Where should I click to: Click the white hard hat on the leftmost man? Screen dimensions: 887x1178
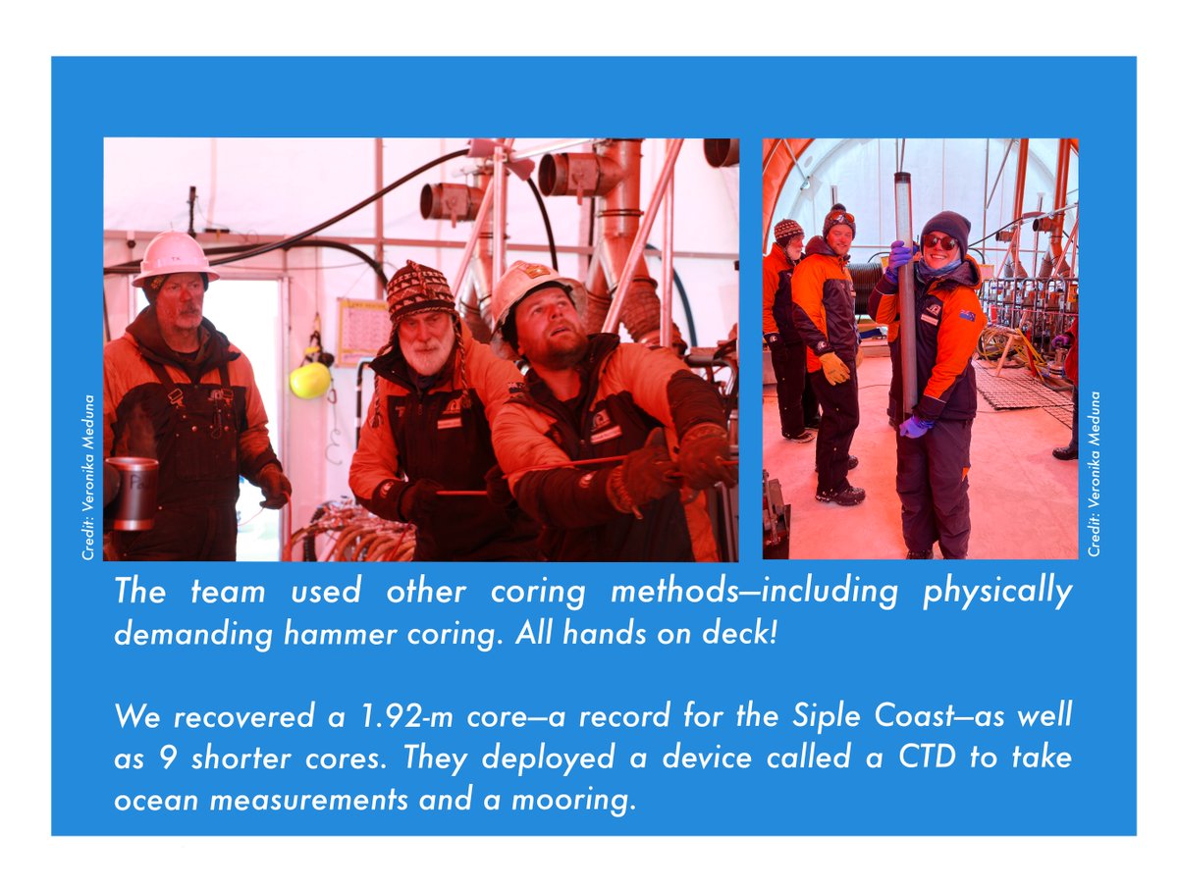click(x=173, y=257)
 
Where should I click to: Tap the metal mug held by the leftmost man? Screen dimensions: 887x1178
click(x=134, y=494)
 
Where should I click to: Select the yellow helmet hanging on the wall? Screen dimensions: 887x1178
click(x=310, y=380)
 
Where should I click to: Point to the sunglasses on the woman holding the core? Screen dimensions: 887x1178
click(x=939, y=241)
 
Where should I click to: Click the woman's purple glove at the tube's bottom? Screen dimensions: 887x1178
click(x=915, y=426)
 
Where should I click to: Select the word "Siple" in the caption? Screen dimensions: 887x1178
click(x=792, y=715)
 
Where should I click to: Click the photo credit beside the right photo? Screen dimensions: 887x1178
click(x=1095, y=474)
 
